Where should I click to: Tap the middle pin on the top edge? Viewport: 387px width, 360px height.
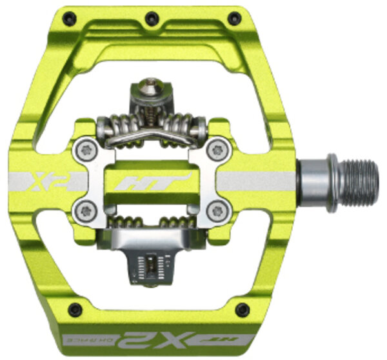coord(151,19)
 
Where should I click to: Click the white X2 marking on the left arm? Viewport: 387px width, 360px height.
coord(44,181)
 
